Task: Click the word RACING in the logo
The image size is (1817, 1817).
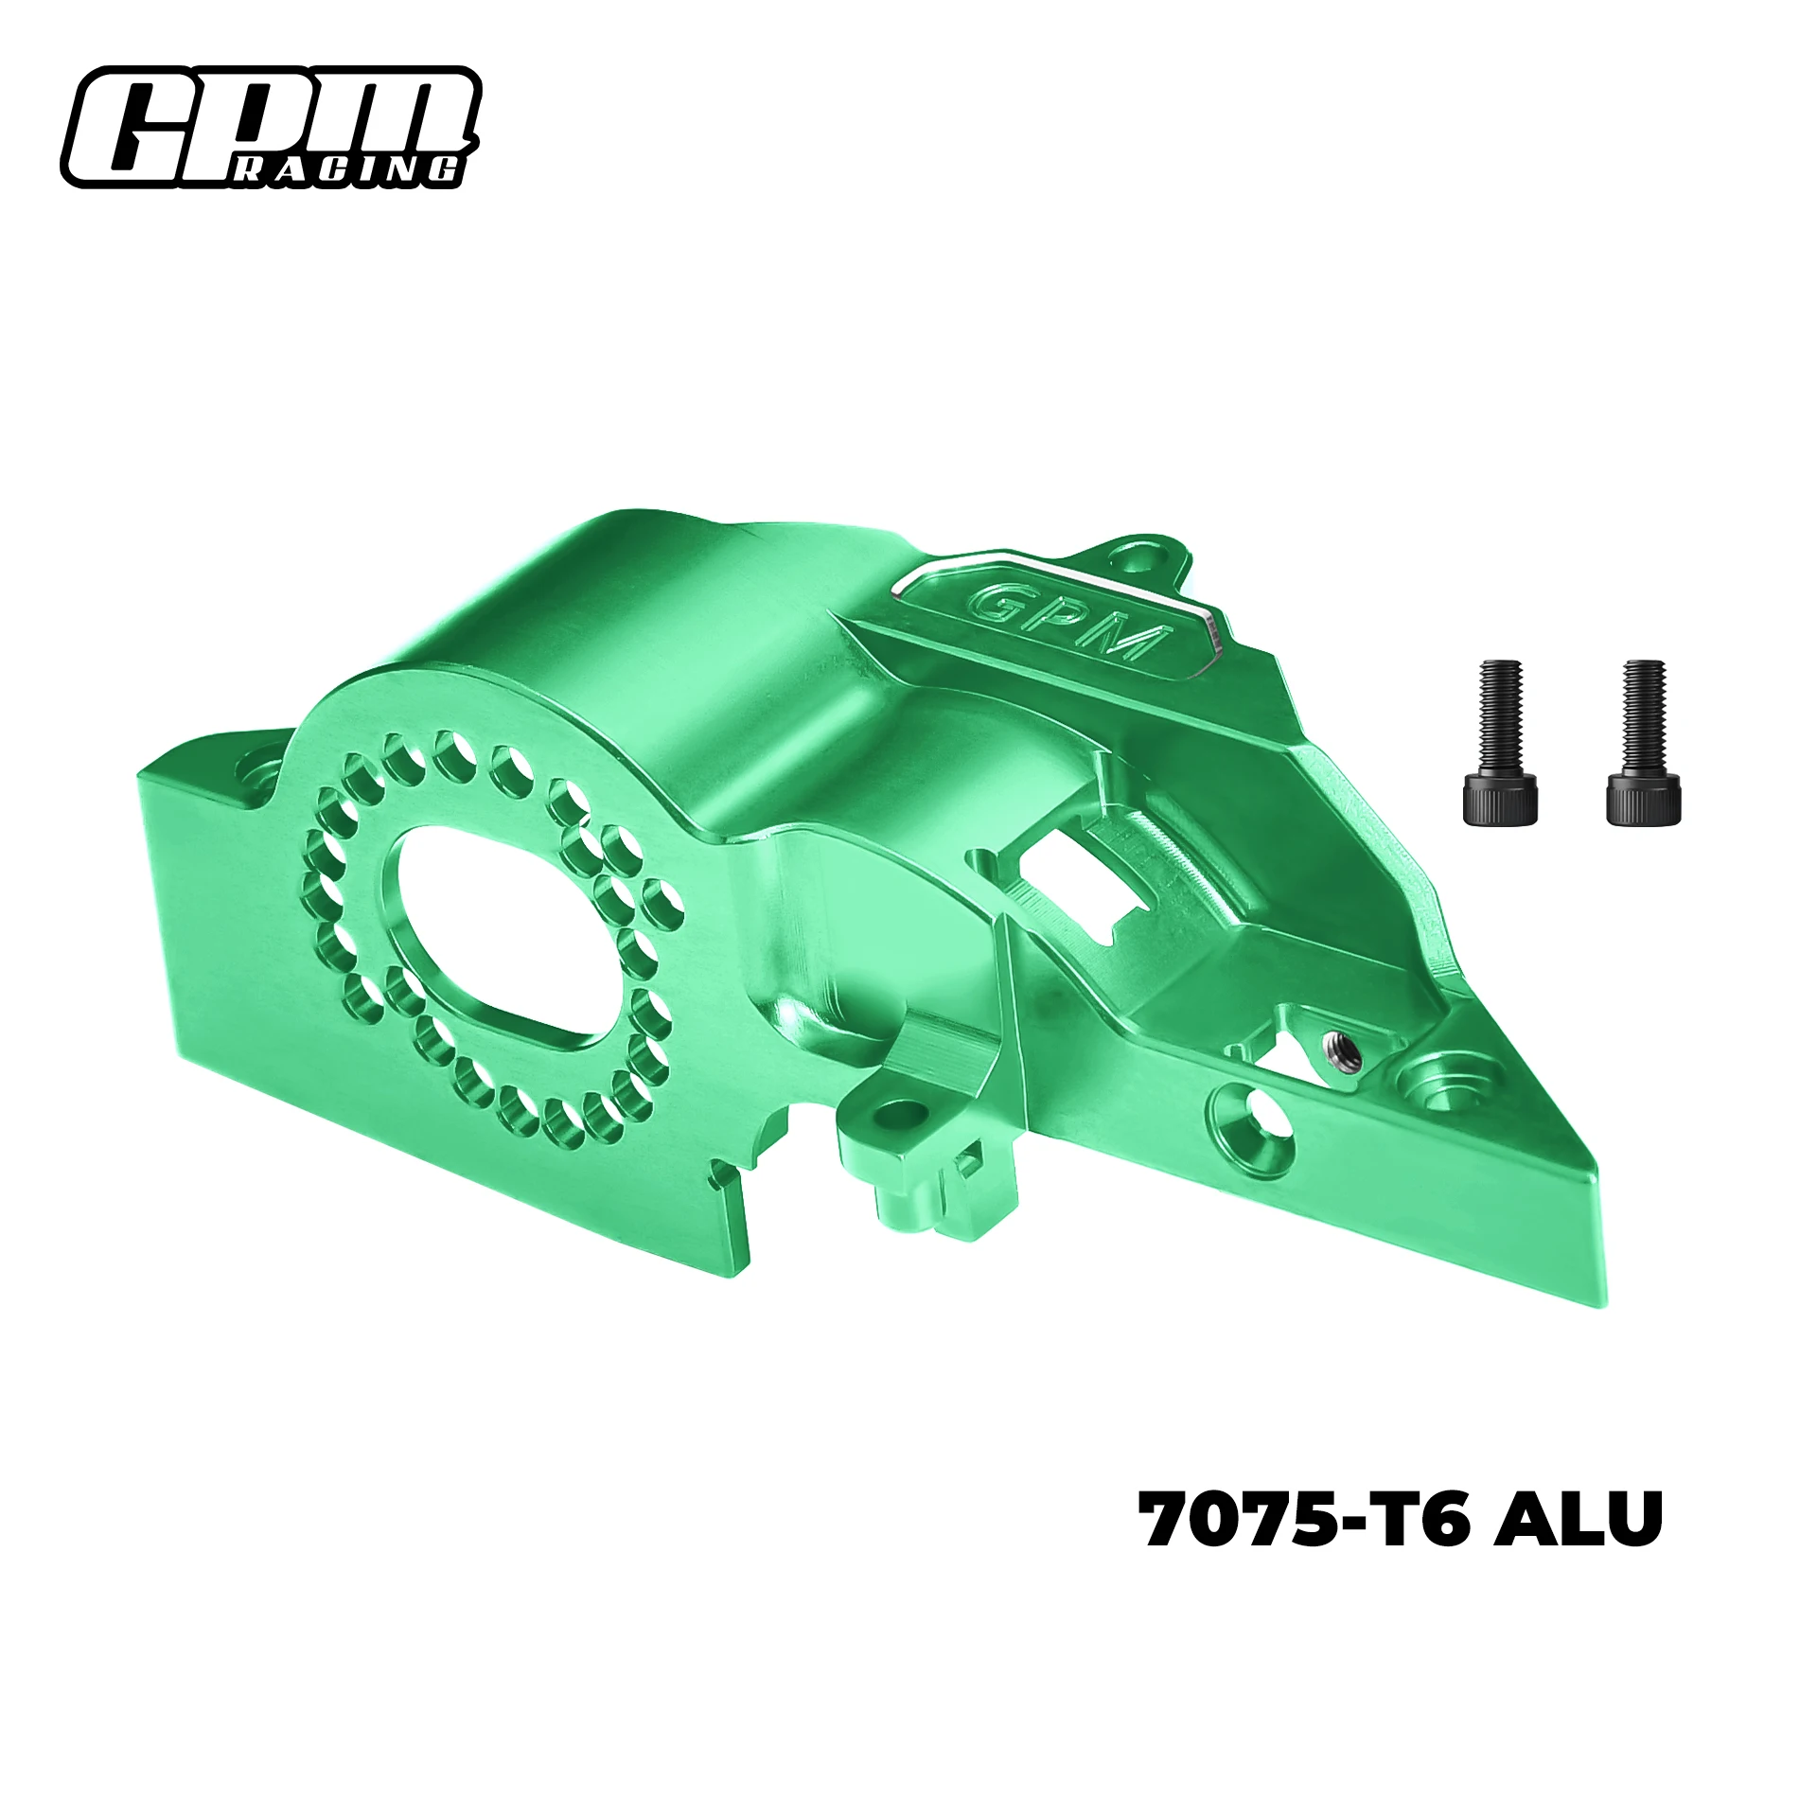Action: coord(347,169)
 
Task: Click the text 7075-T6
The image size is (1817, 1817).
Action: coord(1303,1519)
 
